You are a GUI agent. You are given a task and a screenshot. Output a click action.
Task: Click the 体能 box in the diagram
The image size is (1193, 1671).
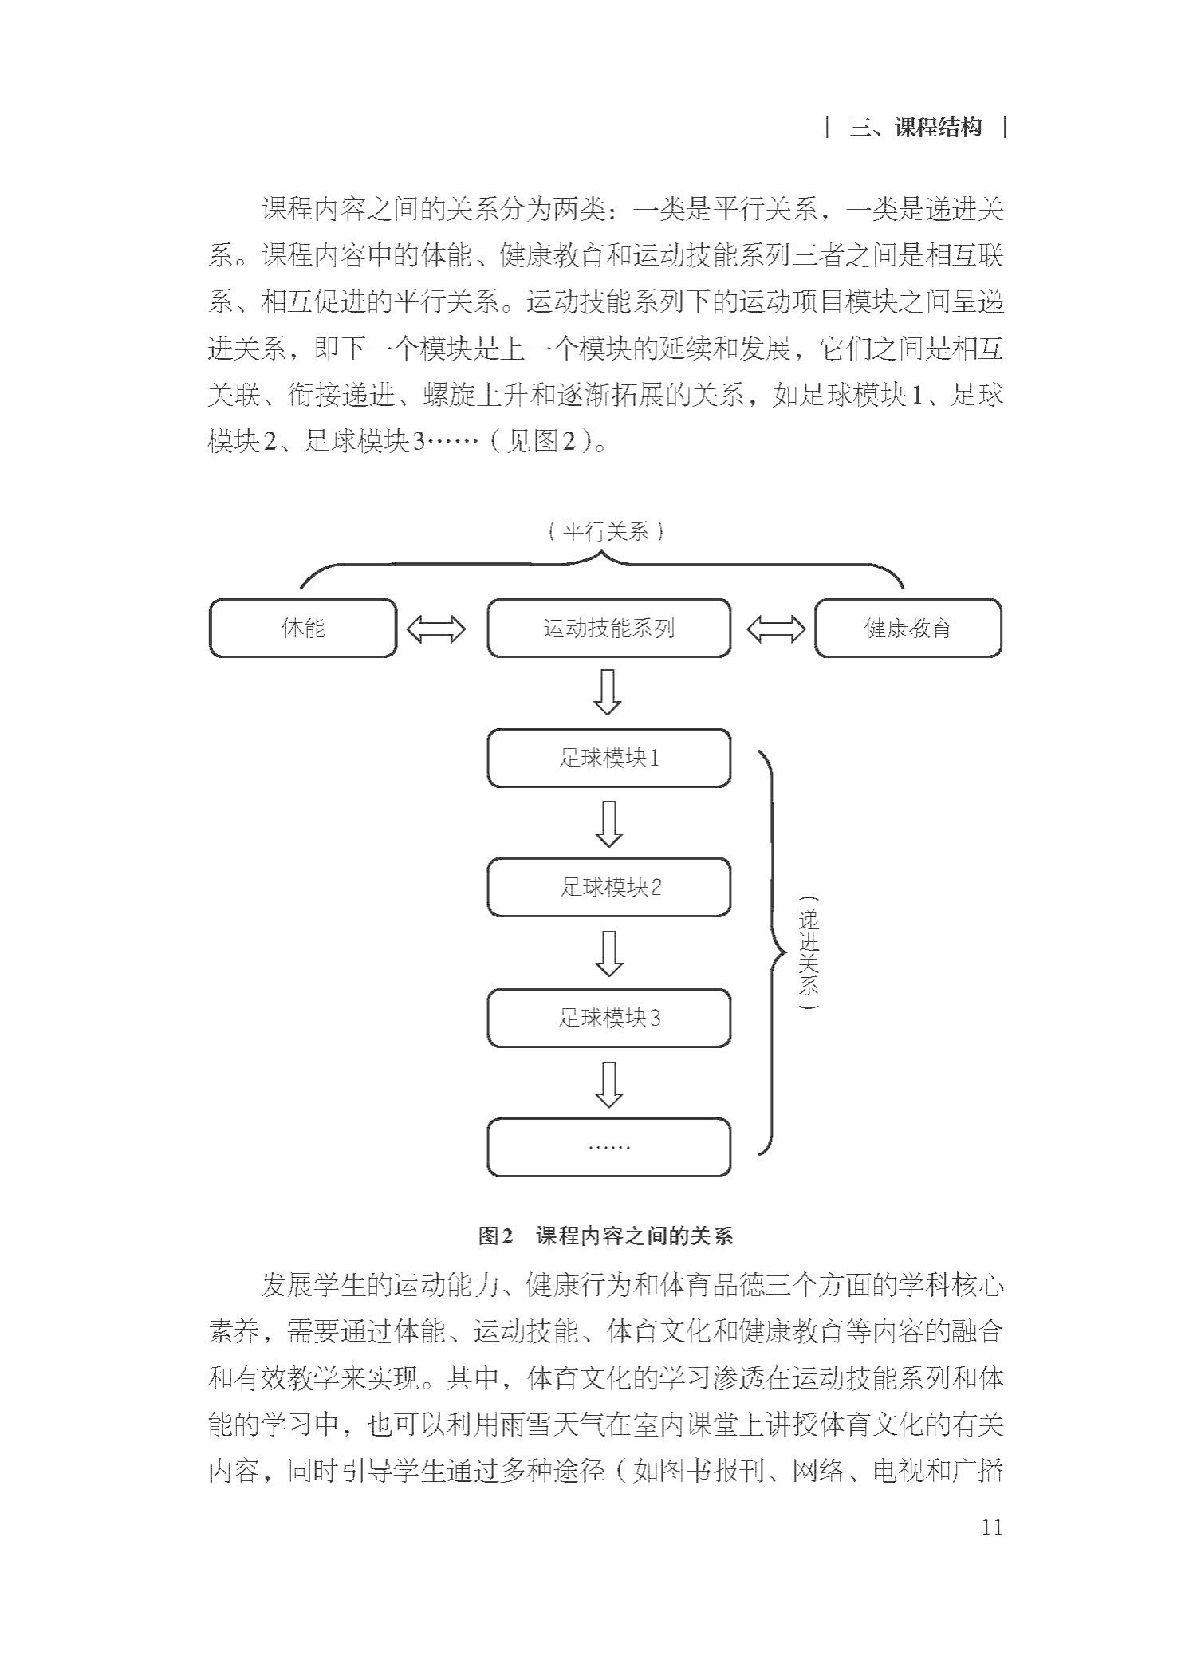point(303,628)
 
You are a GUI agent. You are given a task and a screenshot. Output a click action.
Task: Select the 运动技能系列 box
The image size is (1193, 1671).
point(608,628)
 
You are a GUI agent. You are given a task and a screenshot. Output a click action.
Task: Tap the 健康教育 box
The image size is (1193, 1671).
point(908,628)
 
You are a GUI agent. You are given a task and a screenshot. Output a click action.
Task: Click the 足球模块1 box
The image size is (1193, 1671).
point(608,758)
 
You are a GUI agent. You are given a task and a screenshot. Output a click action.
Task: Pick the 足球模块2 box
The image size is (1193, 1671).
point(608,888)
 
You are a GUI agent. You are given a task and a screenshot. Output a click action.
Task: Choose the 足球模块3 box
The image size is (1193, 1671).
point(608,1018)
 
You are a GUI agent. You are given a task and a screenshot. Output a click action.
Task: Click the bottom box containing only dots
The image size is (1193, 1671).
point(608,1147)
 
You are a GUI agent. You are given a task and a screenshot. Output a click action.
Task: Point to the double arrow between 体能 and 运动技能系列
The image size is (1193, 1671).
point(435,629)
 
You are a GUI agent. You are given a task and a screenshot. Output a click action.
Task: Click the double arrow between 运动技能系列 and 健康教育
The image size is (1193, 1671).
point(776,629)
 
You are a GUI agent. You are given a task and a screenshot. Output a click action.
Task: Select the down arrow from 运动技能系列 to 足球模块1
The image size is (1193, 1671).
point(608,692)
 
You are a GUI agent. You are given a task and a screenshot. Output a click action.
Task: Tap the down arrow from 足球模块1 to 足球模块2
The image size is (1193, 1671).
point(608,823)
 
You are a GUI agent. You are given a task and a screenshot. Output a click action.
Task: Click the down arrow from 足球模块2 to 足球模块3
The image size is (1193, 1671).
point(608,953)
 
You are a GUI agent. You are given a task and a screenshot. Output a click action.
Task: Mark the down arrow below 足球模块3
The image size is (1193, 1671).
point(608,1084)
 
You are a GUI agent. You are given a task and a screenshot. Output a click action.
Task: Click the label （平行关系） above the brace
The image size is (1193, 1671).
point(606,531)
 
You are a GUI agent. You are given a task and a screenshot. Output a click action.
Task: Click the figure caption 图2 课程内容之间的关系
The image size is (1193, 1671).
point(605,1236)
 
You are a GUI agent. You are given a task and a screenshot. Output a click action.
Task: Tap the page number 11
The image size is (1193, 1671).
point(991,1526)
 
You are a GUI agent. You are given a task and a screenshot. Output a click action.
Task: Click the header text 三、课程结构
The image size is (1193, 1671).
point(915,128)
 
